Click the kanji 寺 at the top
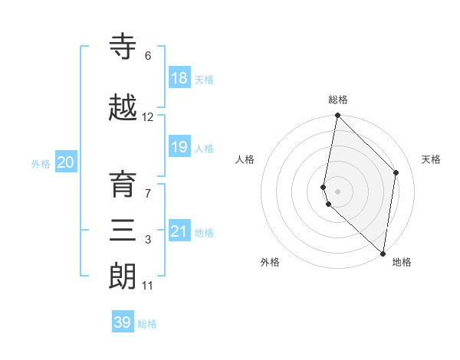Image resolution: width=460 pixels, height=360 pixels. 123,47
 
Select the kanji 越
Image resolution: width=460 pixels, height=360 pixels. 123,108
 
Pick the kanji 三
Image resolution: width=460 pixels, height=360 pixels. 123,230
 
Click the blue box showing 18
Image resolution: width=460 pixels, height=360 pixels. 179,78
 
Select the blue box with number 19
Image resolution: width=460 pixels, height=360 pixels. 179,147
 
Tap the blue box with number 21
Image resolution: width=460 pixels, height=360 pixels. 179,231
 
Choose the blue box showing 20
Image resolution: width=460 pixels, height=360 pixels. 66,162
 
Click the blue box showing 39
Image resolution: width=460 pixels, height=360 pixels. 123,322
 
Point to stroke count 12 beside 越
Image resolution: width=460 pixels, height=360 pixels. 148,117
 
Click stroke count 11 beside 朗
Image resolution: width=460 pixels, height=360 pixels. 148,286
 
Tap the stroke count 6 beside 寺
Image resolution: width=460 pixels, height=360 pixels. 148,56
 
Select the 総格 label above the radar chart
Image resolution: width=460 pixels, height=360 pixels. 338,100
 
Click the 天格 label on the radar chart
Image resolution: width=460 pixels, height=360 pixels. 432,159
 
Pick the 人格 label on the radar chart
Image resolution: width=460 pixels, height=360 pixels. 245,159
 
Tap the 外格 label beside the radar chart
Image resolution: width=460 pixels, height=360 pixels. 270,262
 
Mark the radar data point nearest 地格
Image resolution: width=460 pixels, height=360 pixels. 383,254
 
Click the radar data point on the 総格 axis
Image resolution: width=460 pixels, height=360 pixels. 337,116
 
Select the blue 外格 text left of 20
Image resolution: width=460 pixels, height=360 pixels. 41,163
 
